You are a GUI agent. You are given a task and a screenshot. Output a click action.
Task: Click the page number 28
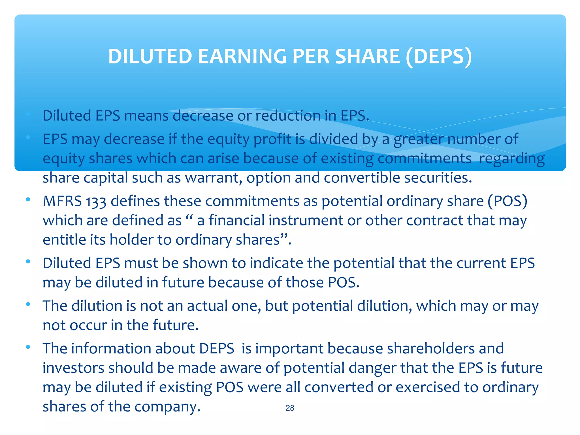(290, 408)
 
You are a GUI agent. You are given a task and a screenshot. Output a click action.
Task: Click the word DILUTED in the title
(150, 56)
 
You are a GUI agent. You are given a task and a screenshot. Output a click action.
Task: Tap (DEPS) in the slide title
(439, 56)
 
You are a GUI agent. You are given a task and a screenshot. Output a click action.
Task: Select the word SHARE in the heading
(367, 56)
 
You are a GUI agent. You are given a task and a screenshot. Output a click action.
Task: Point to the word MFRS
(62, 201)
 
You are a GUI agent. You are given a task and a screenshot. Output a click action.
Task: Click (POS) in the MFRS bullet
(507, 201)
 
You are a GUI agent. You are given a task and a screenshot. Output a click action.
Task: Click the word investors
(73, 368)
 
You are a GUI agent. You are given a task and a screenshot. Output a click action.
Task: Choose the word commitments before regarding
(425, 158)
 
